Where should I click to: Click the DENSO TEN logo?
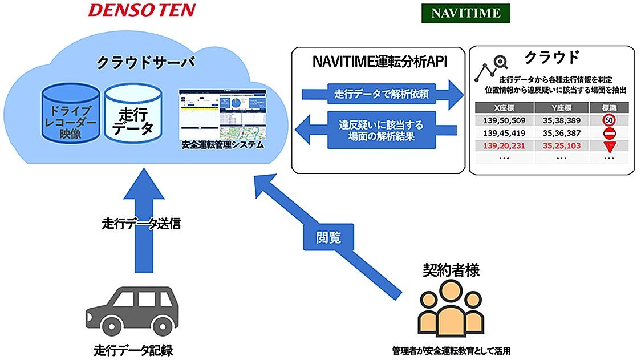pyautogui.click(x=141, y=10)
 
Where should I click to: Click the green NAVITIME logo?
pyautogui.click(x=465, y=13)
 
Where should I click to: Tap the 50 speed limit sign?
pyautogui.click(x=608, y=120)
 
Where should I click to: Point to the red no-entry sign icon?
pyautogui.click(x=608, y=133)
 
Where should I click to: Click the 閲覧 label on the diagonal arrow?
pyautogui.click(x=328, y=237)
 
